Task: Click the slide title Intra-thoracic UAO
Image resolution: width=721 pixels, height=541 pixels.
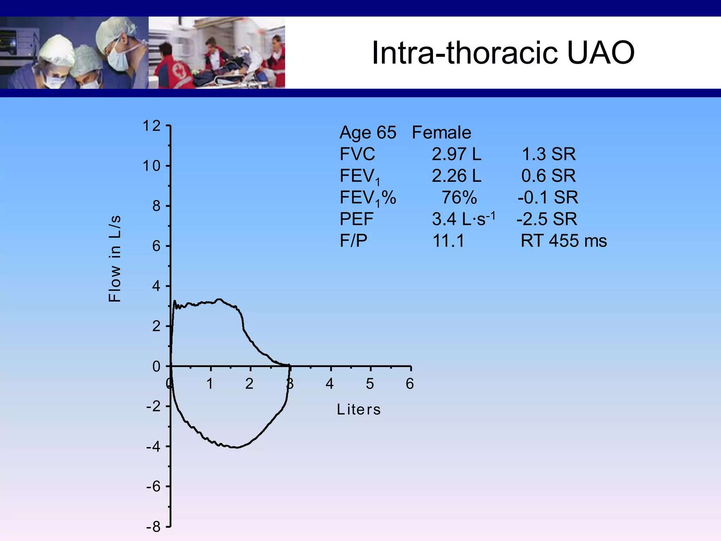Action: coord(503,53)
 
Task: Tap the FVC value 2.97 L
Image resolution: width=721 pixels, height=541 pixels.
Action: coord(456,154)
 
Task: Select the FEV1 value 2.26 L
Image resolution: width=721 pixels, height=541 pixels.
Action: coord(456,175)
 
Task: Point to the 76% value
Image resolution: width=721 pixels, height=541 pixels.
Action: coord(459,197)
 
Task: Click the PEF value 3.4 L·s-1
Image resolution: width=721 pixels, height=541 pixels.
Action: coord(463,219)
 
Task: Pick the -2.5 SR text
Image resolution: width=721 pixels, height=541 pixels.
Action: coord(547,219)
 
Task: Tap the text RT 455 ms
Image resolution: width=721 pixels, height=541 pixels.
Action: coord(564,241)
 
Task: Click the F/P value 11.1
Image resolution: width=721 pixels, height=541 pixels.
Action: coord(448,241)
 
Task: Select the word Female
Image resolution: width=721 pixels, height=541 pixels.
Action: coord(441,132)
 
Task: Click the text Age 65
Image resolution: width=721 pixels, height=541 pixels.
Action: coord(368,132)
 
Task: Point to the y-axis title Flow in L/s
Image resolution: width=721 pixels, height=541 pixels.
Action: coord(114,259)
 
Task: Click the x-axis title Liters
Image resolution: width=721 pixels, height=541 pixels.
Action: coord(359,409)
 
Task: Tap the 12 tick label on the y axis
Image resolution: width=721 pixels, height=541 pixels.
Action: coord(151,126)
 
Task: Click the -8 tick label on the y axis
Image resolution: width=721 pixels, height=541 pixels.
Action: coord(153,527)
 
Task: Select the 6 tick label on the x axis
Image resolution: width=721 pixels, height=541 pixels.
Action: coord(409,384)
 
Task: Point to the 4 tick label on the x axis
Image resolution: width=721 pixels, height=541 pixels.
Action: coord(330,384)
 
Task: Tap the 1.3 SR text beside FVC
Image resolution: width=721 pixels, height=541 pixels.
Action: coord(548,154)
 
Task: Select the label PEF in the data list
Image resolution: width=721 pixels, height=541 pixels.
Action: coord(356,219)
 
